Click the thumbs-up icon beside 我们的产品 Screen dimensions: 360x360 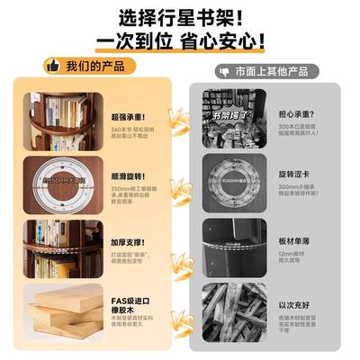(x=52, y=67)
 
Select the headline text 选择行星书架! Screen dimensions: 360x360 (x=180, y=16)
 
